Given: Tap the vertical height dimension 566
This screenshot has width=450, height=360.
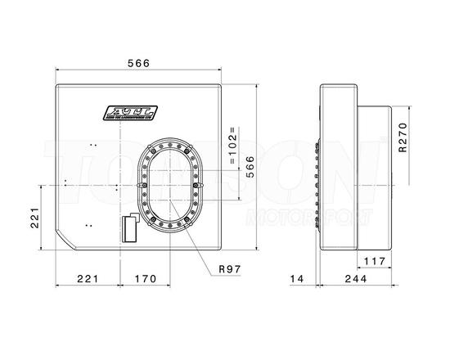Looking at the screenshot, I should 250,169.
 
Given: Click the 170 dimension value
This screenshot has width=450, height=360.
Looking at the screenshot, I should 144,279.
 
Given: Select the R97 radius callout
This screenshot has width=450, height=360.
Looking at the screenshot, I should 232,268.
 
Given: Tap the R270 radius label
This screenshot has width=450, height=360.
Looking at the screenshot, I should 402,138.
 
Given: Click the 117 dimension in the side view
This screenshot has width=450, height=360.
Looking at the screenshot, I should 374,262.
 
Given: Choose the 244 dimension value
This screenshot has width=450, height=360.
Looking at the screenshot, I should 353,279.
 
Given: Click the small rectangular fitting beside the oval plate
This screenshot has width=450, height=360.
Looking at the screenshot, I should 128,228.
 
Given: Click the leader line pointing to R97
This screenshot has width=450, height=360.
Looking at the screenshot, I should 203,249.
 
